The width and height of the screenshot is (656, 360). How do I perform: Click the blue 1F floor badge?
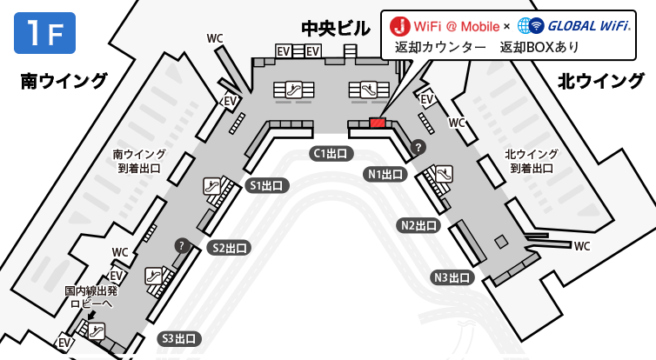[44, 33]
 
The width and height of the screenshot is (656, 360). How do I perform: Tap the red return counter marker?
[378, 123]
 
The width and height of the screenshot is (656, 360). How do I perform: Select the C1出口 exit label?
[331, 153]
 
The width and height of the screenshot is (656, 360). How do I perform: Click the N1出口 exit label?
[385, 174]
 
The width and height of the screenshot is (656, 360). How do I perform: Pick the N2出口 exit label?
[418, 226]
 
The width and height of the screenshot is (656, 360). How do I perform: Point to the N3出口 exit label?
[452, 277]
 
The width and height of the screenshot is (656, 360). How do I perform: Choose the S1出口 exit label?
[266, 185]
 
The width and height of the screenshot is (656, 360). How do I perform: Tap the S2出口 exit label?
[230, 248]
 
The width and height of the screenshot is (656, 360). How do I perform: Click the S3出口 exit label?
[179, 338]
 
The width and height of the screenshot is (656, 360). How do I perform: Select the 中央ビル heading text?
[336, 29]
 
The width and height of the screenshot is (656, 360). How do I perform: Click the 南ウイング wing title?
[64, 81]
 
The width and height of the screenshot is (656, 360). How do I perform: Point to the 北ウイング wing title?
[601, 81]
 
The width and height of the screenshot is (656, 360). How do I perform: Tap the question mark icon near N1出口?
[418, 147]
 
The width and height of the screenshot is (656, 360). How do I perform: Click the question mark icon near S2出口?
[182, 246]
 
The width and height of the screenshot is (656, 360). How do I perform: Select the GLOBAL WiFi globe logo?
[531, 26]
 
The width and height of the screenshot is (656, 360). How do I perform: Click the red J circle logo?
[399, 26]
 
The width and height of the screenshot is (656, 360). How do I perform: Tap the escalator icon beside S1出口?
[212, 186]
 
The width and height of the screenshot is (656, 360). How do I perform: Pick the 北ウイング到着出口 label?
[532, 162]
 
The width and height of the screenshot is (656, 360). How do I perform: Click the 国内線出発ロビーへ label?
[91, 297]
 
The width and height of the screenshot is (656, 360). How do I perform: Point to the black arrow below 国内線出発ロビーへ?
[92, 314]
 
